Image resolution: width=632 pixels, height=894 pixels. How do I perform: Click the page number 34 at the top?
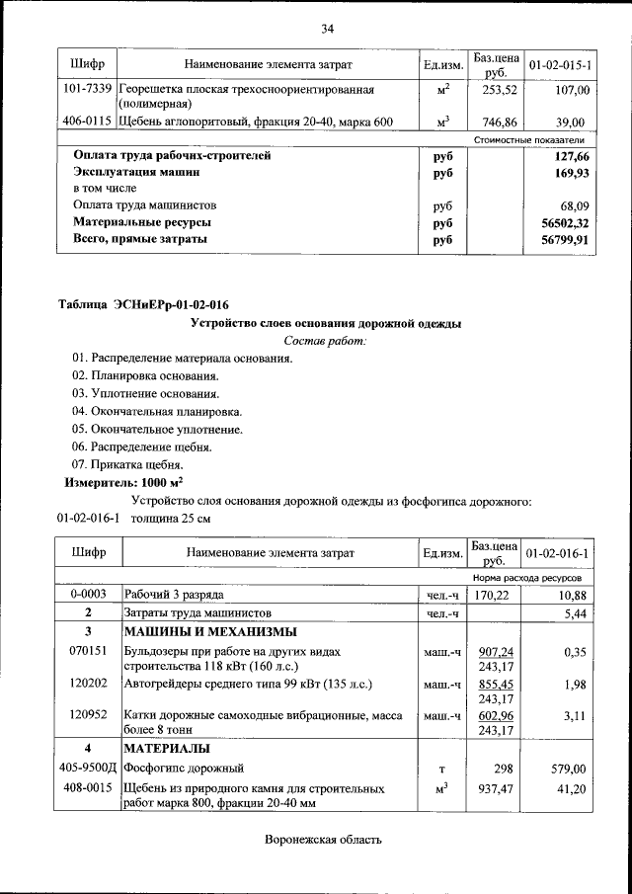tap(327, 28)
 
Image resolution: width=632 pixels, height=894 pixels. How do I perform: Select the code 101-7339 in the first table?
tap(87, 90)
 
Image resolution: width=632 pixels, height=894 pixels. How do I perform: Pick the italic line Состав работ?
tap(325, 341)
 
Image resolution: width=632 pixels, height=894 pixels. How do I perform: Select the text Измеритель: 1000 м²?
tap(124, 483)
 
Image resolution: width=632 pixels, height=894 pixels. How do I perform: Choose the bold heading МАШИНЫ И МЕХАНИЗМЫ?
tap(208, 632)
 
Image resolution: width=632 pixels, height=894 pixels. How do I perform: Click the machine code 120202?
tap(87, 683)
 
